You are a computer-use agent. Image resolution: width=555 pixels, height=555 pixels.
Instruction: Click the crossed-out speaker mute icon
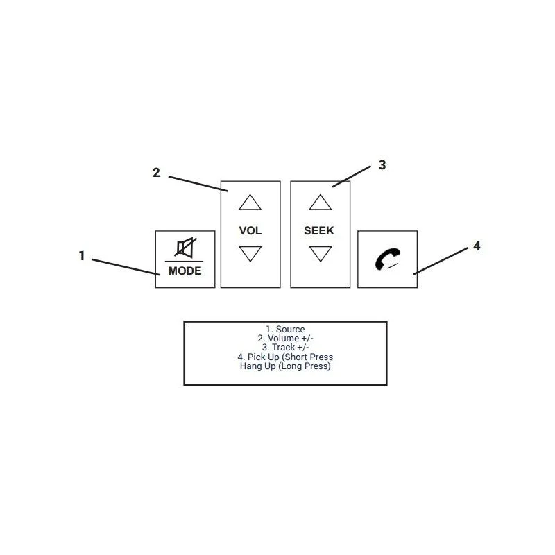point(185,248)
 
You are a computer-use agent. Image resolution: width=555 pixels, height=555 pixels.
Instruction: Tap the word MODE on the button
point(185,271)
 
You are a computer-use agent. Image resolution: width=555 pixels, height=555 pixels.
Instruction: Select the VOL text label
point(250,230)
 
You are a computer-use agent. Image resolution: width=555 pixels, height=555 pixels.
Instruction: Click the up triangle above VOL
point(250,203)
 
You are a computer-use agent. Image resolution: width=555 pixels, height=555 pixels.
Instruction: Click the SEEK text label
point(319,230)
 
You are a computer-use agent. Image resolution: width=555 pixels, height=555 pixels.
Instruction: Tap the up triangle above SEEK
point(321,203)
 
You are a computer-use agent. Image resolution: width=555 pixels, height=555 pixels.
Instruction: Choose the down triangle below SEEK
point(321,254)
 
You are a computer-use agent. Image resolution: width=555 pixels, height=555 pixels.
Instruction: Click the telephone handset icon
point(387,259)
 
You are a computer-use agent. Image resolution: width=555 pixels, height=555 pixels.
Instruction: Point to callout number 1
point(82,255)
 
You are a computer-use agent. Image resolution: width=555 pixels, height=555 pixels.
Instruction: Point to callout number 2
point(156,172)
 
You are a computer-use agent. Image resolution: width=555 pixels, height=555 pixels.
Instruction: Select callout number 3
point(382,164)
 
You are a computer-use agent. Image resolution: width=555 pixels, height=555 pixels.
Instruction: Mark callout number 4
point(477,246)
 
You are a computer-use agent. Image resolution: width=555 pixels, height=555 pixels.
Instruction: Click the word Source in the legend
point(290,329)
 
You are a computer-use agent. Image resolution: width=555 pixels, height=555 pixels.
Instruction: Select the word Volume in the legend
point(283,338)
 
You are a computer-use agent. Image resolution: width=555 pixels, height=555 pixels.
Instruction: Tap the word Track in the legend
point(283,348)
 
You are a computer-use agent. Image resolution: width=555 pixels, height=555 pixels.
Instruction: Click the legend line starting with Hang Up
point(285,366)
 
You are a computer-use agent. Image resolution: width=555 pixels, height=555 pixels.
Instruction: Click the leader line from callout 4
point(441,261)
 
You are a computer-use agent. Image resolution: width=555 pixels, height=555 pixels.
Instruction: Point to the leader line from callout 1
point(126,267)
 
